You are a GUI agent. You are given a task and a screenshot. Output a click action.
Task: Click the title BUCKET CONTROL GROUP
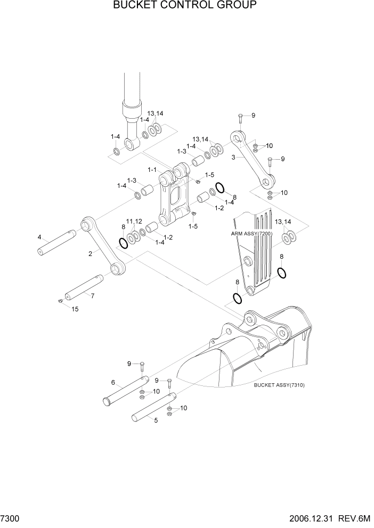(185, 6)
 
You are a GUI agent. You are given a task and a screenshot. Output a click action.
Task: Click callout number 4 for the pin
(39, 237)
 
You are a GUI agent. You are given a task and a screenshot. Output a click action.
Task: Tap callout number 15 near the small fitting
(75, 309)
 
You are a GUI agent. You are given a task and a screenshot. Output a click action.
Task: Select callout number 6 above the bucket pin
(113, 382)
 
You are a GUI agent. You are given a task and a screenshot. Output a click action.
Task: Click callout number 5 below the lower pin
(156, 420)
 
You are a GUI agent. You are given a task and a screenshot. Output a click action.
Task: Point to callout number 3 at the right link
(233, 158)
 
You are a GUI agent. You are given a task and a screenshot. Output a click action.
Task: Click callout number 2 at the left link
(91, 254)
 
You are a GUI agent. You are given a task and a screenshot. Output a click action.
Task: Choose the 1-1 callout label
(152, 170)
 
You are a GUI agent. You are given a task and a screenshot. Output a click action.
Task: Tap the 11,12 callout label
(134, 221)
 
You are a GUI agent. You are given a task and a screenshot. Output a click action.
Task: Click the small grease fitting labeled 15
(60, 302)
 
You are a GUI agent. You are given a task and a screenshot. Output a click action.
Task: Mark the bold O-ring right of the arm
(282, 273)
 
